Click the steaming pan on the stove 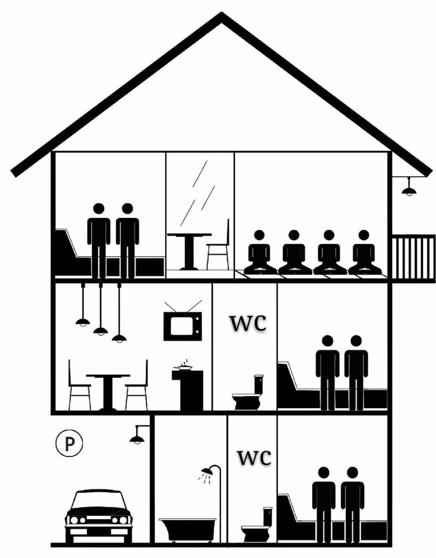click(183, 367)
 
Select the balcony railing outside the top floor click(413, 259)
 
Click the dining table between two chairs click(108, 392)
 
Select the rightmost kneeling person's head click(364, 235)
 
